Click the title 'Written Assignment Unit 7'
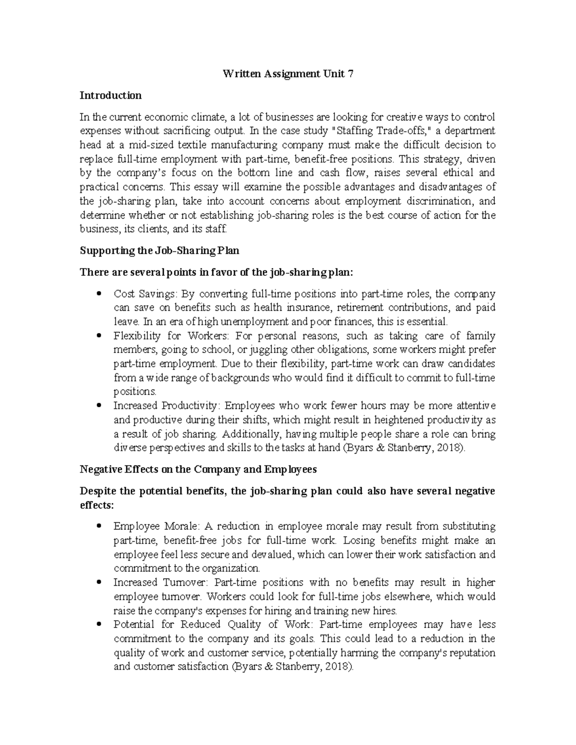click(x=288, y=74)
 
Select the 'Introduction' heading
click(x=110, y=95)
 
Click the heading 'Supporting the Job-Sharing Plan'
click(x=159, y=250)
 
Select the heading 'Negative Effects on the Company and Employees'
click(x=198, y=470)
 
